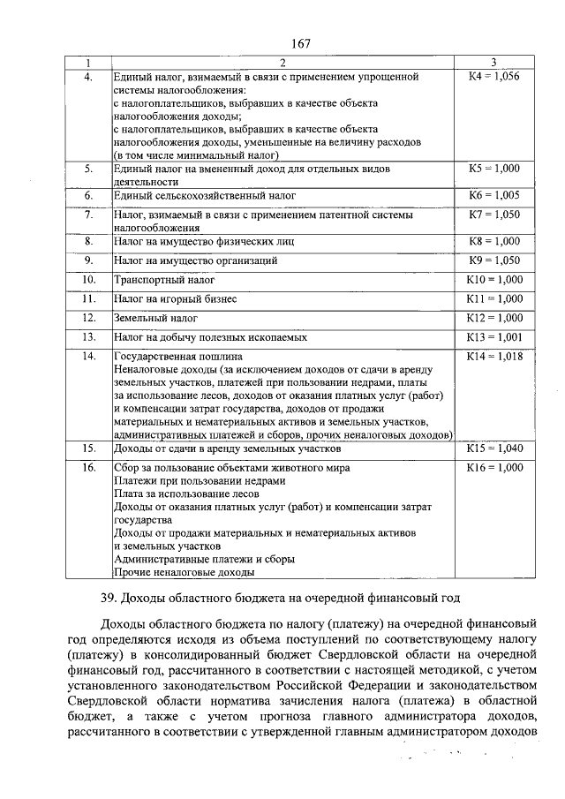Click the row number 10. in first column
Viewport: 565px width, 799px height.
tap(88, 279)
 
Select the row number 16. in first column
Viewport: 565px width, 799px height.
tap(88, 467)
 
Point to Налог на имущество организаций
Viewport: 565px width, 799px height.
tap(196, 260)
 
